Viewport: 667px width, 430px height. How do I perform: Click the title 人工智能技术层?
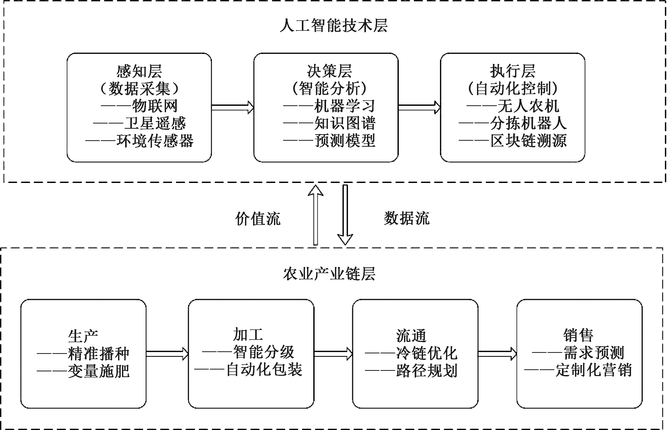coord(334,26)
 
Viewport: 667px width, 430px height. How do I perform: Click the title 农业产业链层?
coord(329,274)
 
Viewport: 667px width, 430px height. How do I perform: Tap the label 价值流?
coord(258,218)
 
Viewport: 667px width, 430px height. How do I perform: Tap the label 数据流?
coord(407,218)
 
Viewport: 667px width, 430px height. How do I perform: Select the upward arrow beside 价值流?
coord(315,215)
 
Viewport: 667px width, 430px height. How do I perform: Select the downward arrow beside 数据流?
coord(345,215)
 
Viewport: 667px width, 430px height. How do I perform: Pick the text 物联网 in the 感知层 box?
coord(155,106)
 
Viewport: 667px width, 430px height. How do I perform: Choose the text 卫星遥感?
coord(155,123)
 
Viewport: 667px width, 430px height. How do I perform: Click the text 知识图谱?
coord(345,123)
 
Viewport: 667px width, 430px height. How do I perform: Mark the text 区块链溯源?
coord(529,140)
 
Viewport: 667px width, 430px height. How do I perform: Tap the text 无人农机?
coord(528,106)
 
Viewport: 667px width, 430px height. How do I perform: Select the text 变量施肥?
coord(99,371)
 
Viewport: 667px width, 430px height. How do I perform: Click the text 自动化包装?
coord(264,370)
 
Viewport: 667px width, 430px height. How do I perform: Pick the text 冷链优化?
coord(427,353)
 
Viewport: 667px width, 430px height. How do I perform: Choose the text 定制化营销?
coord(593,370)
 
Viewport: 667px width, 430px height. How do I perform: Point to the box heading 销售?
coord(578,335)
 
